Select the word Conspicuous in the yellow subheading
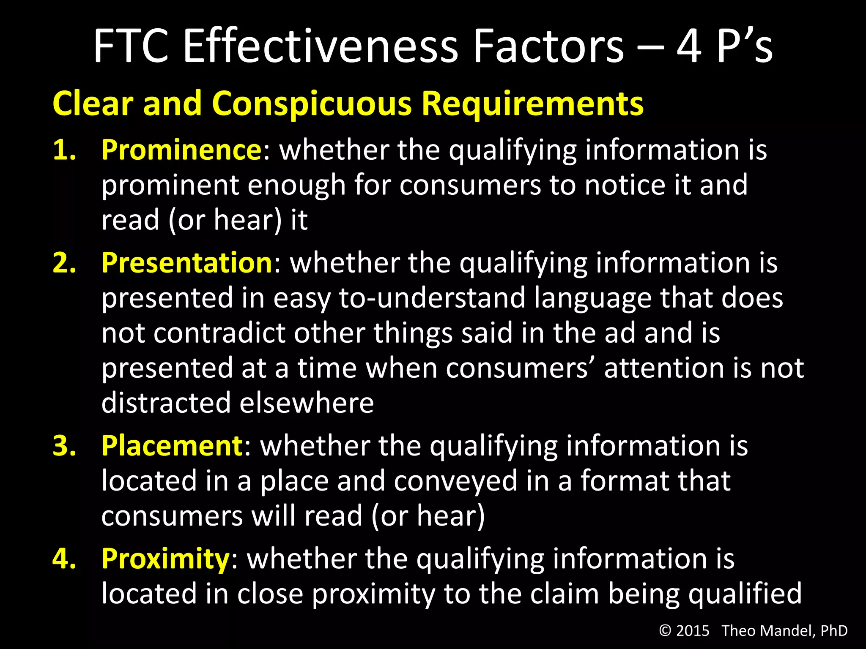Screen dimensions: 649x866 (x=311, y=103)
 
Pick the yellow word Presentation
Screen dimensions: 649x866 (x=187, y=263)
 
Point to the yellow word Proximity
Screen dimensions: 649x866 (x=165, y=559)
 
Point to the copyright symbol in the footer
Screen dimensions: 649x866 (x=665, y=631)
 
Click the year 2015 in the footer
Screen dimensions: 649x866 (x=693, y=631)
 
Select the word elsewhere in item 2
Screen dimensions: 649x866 (x=307, y=403)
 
